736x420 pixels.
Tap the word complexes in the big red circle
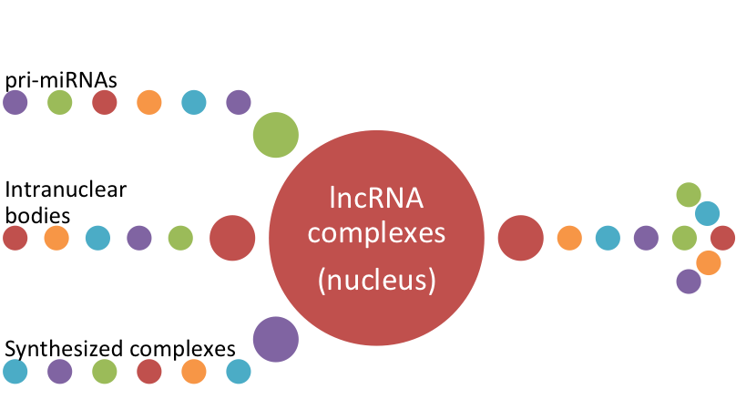[x=375, y=234]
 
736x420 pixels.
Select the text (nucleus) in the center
[x=375, y=280]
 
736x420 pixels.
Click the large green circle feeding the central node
[x=275, y=135]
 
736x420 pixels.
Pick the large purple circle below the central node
[x=275, y=339]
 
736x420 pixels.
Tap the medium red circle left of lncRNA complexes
[x=232, y=238]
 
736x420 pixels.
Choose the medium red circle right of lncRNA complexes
[x=520, y=238]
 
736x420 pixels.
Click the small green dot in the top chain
[x=60, y=102]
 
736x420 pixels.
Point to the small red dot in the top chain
[x=105, y=102]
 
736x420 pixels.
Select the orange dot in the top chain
[x=149, y=102]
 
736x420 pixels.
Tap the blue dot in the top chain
[x=194, y=102]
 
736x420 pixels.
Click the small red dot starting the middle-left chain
[x=15, y=238]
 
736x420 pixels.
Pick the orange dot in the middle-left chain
[x=56, y=238]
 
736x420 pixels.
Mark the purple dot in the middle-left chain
[x=139, y=238]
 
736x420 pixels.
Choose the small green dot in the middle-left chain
[x=180, y=238]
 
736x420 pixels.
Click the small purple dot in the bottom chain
[x=60, y=371]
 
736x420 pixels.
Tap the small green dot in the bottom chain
[x=105, y=371]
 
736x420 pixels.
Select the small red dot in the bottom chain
[x=149, y=371]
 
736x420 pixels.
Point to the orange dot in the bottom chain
[x=194, y=371]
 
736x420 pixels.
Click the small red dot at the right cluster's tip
[x=722, y=238]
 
